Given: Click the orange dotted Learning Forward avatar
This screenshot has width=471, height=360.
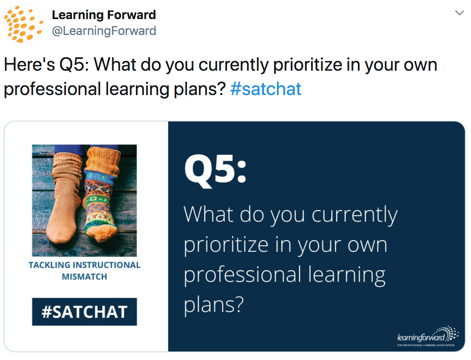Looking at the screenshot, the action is (x=24, y=24).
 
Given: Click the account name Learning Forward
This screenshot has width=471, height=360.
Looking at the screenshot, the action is (x=104, y=15).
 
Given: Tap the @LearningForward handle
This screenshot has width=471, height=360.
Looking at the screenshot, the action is (x=104, y=30).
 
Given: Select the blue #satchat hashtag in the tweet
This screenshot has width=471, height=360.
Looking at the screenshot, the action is (x=266, y=89).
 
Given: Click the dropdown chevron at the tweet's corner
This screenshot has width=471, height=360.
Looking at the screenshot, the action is (x=459, y=13).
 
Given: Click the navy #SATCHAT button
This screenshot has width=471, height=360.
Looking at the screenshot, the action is (x=85, y=312).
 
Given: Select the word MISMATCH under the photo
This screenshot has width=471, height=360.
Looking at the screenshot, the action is (x=85, y=277).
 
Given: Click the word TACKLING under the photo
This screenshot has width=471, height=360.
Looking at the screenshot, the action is (x=49, y=265).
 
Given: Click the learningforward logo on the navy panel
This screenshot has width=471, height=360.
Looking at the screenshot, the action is (x=427, y=336).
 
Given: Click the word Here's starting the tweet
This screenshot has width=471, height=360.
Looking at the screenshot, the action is (x=29, y=65).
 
